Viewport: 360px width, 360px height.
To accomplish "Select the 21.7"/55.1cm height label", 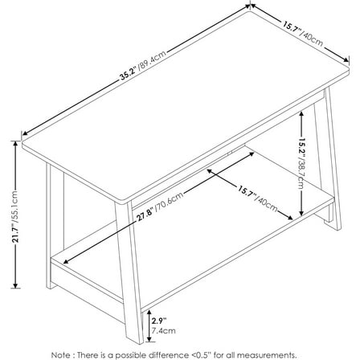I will point(16,215).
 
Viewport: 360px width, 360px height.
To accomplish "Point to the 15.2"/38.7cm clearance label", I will point(300,161).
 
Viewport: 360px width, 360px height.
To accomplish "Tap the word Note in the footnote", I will point(84,354).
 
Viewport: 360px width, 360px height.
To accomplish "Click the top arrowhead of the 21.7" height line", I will point(16,142).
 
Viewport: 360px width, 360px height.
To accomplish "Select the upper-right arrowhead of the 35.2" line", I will point(251,7).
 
